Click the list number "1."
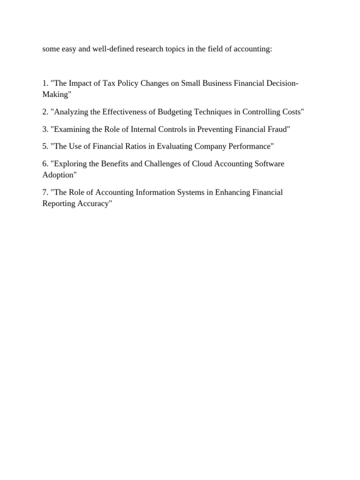45,83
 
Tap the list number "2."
45,112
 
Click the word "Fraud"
279,129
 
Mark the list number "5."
45,147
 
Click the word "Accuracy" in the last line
97,204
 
